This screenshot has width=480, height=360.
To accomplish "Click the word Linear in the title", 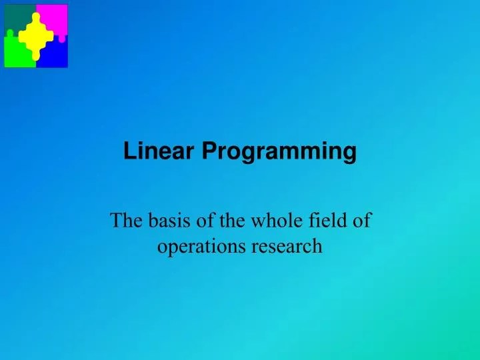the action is click(159, 151).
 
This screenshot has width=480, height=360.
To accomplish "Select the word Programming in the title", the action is click(279, 152).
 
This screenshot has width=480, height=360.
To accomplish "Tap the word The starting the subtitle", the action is click(126, 220).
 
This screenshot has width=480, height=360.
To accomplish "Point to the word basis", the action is click(169, 220).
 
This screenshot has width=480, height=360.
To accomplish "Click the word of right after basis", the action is click(206, 220).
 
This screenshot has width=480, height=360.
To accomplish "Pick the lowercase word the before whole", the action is click(232, 220).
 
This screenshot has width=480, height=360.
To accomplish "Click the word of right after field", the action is click(363, 220).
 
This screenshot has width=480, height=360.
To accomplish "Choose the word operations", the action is click(201, 247).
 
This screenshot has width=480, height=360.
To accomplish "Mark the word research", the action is click(287, 246).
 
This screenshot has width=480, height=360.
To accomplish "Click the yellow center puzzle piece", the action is click(36, 37).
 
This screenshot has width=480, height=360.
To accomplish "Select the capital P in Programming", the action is click(209, 151).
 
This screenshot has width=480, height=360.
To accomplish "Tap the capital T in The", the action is click(117, 220).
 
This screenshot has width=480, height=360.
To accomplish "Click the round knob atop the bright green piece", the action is click(10, 33).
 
